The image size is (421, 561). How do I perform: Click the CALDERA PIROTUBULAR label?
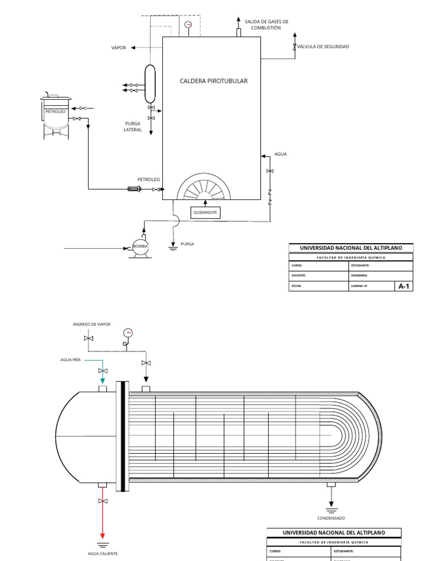point(214,81)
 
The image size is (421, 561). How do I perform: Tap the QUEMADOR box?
point(205,213)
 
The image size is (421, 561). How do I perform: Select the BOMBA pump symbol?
point(140,247)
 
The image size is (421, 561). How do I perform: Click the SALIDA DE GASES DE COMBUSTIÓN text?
point(266,24)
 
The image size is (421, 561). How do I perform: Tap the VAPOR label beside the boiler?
point(118,48)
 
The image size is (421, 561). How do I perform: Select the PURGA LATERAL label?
point(133,127)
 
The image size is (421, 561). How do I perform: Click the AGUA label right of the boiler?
point(281,154)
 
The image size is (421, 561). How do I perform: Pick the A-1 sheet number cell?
point(403,286)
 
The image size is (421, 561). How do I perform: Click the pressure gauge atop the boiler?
point(189,25)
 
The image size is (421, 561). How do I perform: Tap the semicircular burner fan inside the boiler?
point(204,188)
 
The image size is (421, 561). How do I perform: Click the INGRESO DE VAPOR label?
point(92,324)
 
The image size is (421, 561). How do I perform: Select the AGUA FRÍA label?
point(71,360)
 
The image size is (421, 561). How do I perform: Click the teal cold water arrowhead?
point(102,381)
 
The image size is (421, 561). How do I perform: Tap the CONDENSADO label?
point(331,518)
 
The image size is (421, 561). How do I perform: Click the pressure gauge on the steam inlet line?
point(128,333)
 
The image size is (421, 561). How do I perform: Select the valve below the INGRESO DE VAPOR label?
point(89,339)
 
